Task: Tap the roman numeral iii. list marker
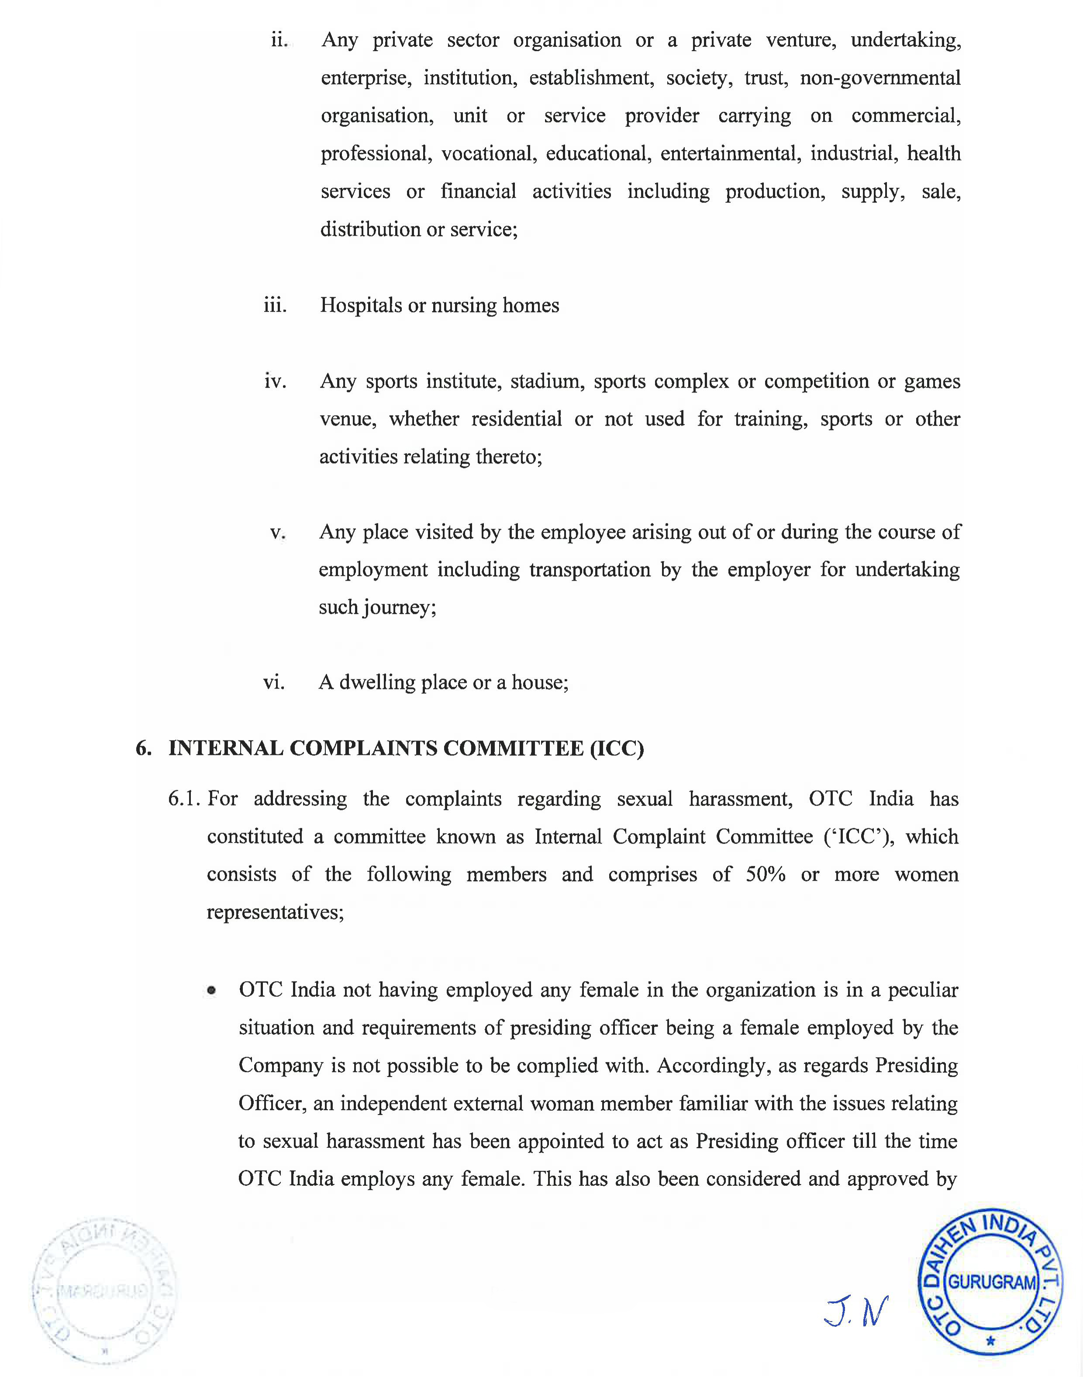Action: coord(275,306)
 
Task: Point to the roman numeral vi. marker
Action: coord(274,683)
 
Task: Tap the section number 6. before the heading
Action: coord(144,749)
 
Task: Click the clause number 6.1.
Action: coord(185,799)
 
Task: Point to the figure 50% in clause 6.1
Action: coord(765,875)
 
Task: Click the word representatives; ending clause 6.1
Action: coord(275,913)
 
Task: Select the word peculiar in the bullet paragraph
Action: coord(923,990)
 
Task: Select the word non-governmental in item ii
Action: coord(880,79)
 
